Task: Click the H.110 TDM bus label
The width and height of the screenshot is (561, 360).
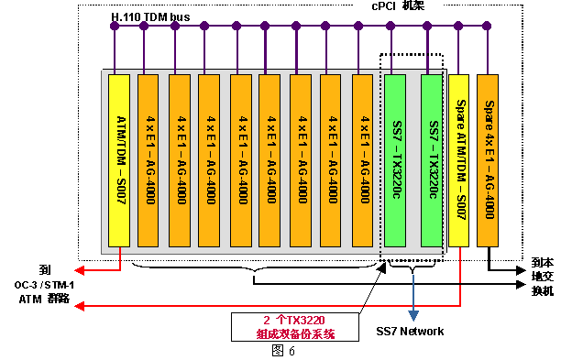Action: click(150, 16)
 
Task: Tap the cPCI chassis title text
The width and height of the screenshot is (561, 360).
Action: click(398, 6)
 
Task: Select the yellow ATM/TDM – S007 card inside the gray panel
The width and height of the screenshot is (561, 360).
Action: click(119, 160)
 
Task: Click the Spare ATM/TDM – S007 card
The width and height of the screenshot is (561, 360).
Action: click(458, 160)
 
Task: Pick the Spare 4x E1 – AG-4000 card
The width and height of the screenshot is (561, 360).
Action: click(488, 160)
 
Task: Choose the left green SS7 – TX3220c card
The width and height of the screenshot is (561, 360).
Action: click(395, 160)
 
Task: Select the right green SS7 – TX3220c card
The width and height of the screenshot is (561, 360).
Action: click(432, 160)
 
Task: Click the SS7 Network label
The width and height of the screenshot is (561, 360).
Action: click(410, 331)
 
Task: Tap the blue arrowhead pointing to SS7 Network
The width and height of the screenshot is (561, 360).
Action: click(413, 315)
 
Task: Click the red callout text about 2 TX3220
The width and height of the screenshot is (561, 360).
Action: click(295, 327)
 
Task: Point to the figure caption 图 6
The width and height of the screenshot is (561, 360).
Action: click(283, 351)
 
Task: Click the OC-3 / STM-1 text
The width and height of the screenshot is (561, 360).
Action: click(44, 285)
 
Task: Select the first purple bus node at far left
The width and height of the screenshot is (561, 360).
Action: click(115, 26)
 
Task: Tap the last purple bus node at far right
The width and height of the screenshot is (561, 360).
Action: click(487, 26)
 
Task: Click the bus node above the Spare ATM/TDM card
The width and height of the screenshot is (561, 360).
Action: click(458, 26)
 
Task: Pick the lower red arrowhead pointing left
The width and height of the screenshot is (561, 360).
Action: click(80, 306)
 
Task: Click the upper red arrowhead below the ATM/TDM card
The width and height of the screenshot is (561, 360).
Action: click(80, 270)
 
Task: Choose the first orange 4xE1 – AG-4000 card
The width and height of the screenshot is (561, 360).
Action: click(148, 160)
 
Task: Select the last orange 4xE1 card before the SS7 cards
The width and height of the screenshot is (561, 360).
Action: click(362, 160)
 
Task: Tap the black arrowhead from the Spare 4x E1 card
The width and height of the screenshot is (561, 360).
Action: click(521, 270)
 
